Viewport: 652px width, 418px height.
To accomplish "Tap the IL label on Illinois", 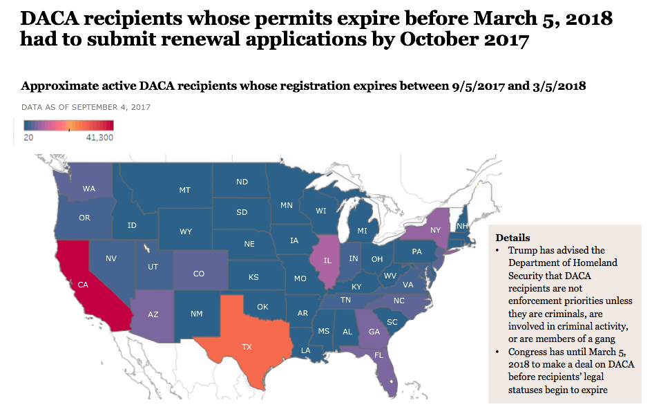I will tap(327, 260).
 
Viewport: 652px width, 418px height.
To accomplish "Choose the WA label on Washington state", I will tap(89, 189).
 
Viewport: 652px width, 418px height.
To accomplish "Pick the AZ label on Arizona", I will tap(153, 314).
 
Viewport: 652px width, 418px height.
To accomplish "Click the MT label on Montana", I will tap(184, 189).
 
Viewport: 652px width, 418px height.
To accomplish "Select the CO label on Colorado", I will tap(198, 274).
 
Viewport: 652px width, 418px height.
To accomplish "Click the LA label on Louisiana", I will tap(305, 350).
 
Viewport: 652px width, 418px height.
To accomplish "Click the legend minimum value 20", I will tap(28, 137).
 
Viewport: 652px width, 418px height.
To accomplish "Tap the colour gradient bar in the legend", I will tap(68, 125).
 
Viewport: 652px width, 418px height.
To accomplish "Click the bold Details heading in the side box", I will tap(512, 237).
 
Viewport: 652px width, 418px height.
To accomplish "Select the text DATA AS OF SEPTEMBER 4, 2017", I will tap(86, 107).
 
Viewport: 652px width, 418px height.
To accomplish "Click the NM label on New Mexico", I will tap(197, 314).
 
